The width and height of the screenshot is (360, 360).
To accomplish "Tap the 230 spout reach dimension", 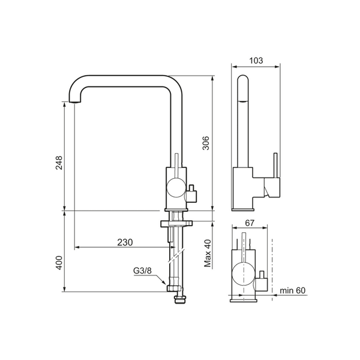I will (124, 242).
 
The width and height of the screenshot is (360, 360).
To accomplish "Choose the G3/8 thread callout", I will (141, 271).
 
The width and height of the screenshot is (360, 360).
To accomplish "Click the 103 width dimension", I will (256, 60).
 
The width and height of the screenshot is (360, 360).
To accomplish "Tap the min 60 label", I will (293, 291).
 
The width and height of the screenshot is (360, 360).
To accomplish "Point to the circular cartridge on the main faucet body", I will (176, 188).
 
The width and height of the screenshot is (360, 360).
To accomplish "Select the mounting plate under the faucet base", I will (176, 223).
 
